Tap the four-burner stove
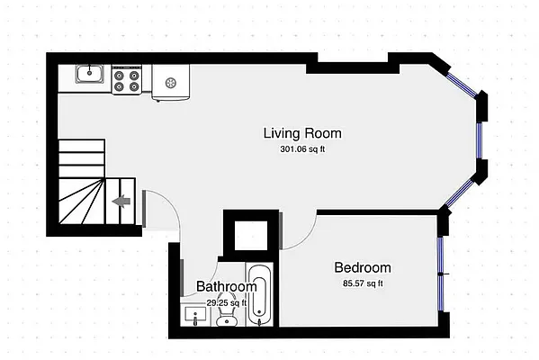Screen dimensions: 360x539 click(128, 81)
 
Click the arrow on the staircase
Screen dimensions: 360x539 click(119, 202)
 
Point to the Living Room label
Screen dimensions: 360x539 click(301, 133)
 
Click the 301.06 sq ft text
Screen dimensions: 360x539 click(301, 149)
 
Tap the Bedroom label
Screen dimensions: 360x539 click(363, 267)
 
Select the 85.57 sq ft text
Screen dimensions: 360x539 click(363, 283)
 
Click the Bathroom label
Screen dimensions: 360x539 click(227, 287)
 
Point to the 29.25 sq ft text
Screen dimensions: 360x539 click(225, 303)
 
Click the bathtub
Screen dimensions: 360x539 click(259, 295)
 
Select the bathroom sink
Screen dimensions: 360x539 click(194, 316)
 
